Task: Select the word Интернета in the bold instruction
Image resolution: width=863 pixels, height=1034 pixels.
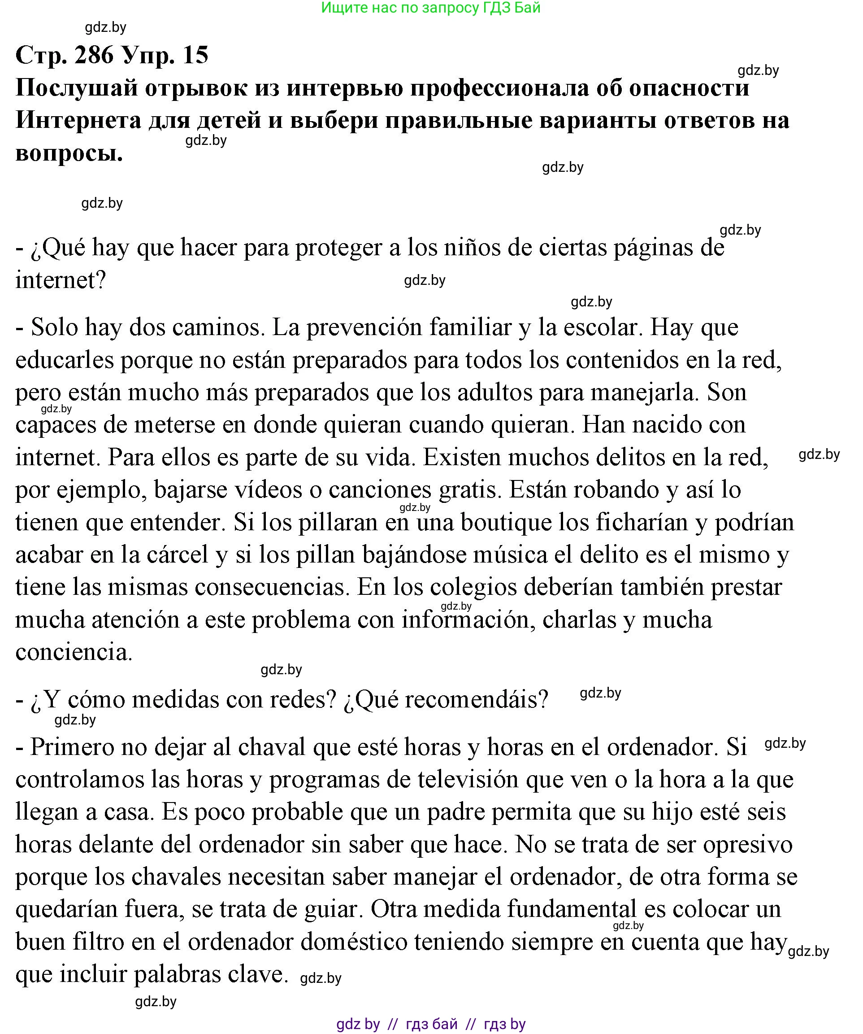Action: [x=78, y=120]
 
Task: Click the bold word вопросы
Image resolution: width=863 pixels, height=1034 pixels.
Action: [x=69, y=153]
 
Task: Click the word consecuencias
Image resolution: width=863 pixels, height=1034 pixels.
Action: [x=272, y=587]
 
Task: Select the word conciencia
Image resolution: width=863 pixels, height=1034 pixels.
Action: [x=74, y=652]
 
